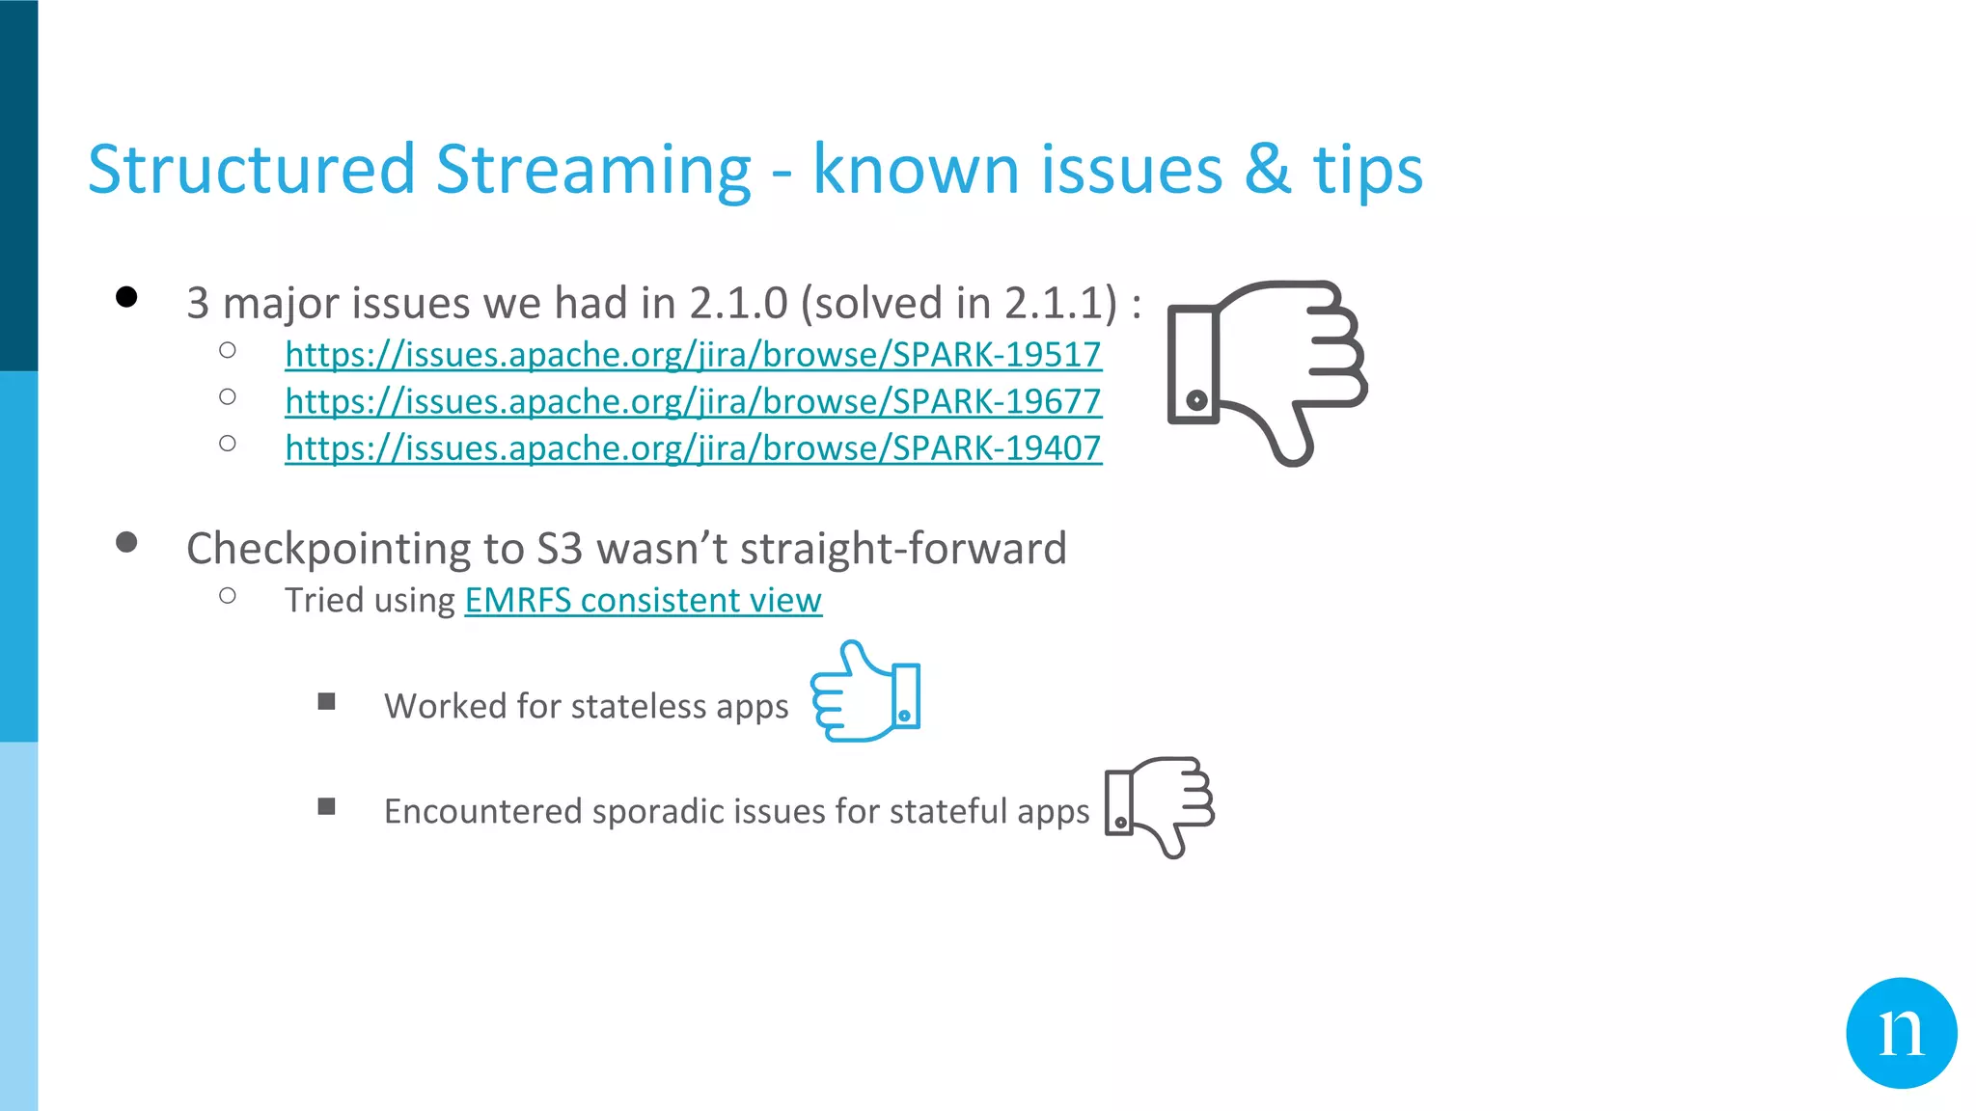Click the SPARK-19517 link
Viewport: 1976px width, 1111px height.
(693, 355)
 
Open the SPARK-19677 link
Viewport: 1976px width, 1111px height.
(693, 401)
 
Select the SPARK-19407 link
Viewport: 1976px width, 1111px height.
(693, 447)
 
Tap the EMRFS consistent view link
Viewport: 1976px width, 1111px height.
(643, 600)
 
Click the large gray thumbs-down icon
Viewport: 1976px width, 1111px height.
(1266, 371)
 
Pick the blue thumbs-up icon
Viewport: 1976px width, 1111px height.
(865, 691)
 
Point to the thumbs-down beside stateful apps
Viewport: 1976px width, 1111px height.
(1159, 806)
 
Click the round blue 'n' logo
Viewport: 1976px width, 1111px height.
(1901, 1033)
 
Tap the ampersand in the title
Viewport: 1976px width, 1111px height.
(1267, 170)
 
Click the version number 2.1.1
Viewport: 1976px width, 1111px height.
(1059, 303)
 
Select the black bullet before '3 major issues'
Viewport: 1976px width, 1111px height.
(126, 296)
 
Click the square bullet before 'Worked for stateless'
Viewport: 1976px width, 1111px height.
(327, 701)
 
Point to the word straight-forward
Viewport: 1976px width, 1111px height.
(903, 549)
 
